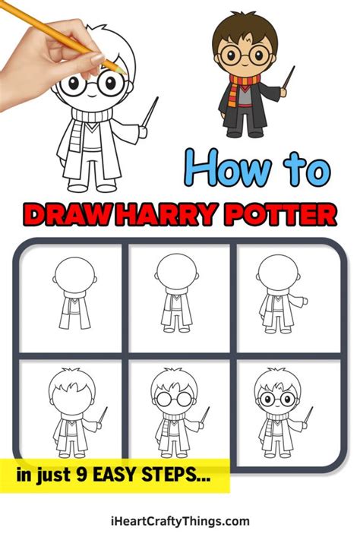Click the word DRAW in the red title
(66, 215)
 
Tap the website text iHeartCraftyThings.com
(180, 521)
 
